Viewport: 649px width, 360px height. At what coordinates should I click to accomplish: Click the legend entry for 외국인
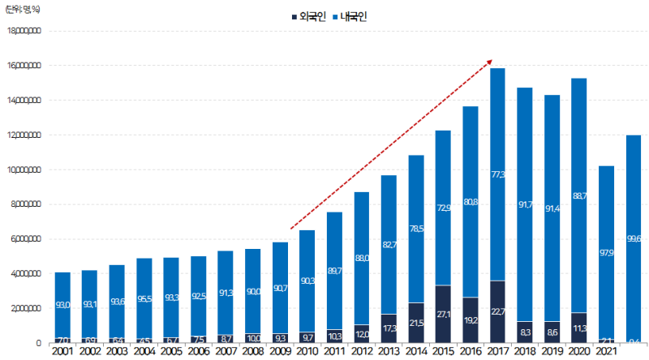click(307, 16)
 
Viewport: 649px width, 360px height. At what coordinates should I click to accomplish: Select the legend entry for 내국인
click(349, 16)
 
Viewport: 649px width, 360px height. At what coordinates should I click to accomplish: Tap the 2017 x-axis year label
click(497, 353)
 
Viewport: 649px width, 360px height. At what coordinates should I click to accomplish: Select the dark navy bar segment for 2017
click(497, 312)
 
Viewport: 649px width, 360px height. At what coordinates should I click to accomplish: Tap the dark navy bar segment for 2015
click(442, 315)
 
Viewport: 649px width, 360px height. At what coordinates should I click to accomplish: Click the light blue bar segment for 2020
click(580, 195)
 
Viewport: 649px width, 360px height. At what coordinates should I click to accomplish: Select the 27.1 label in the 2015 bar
click(442, 315)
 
